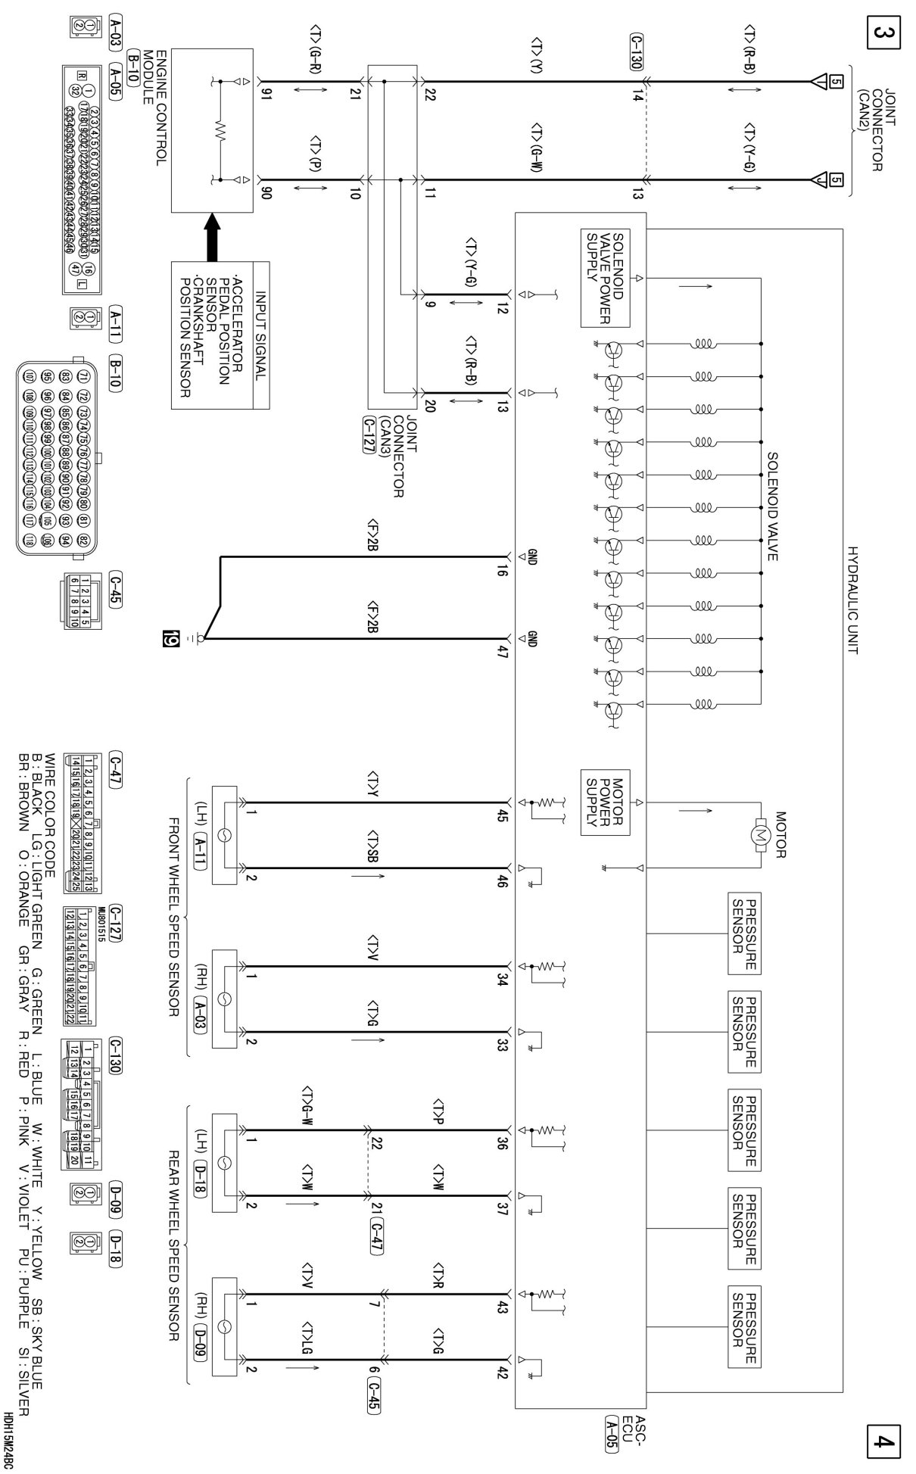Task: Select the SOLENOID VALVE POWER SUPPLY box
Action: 606,278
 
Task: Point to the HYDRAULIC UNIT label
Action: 853,600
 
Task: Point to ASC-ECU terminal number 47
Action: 501,651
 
